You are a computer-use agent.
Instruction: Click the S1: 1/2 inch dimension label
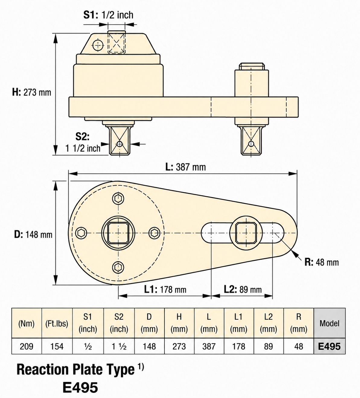pyautogui.click(x=108, y=15)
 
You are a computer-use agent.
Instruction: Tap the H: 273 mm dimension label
pyautogui.click(x=32, y=92)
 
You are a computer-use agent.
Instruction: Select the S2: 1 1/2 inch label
pyautogui.click(x=83, y=142)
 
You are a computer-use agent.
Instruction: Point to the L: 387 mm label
pyautogui.click(x=186, y=167)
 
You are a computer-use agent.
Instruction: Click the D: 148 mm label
pyautogui.click(x=33, y=235)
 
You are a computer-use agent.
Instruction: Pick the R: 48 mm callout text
pyautogui.click(x=322, y=262)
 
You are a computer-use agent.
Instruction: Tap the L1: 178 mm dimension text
pyautogui.click(x=165, y=290)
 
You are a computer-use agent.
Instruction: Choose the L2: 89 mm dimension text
pyautogui.click(x=243, y=290)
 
